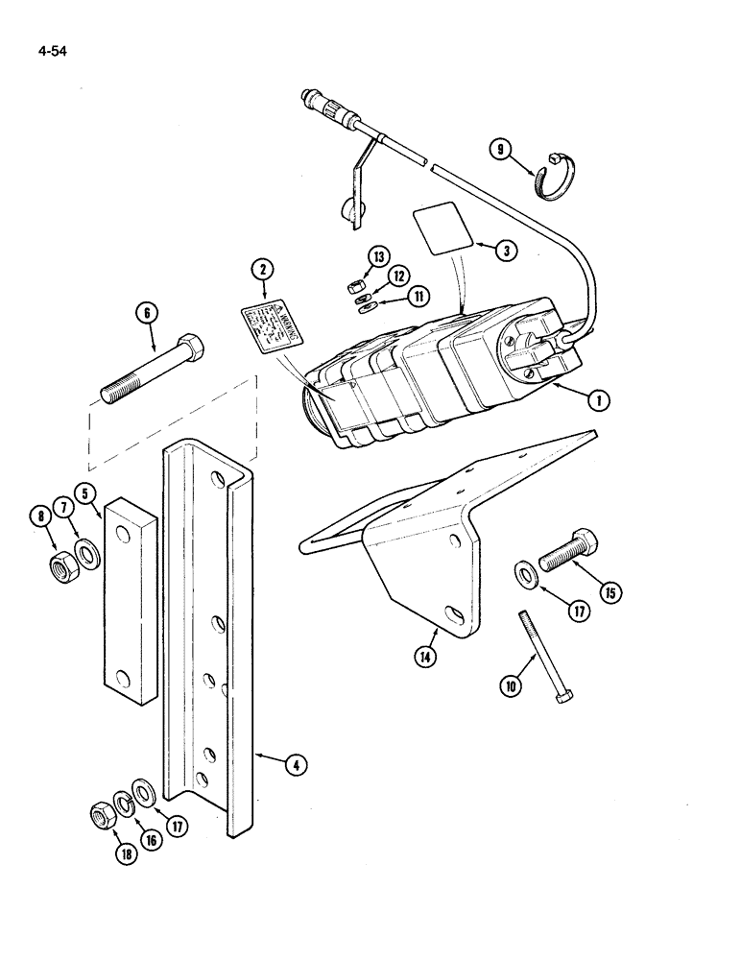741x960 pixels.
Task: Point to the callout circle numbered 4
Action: pos(299,764)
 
